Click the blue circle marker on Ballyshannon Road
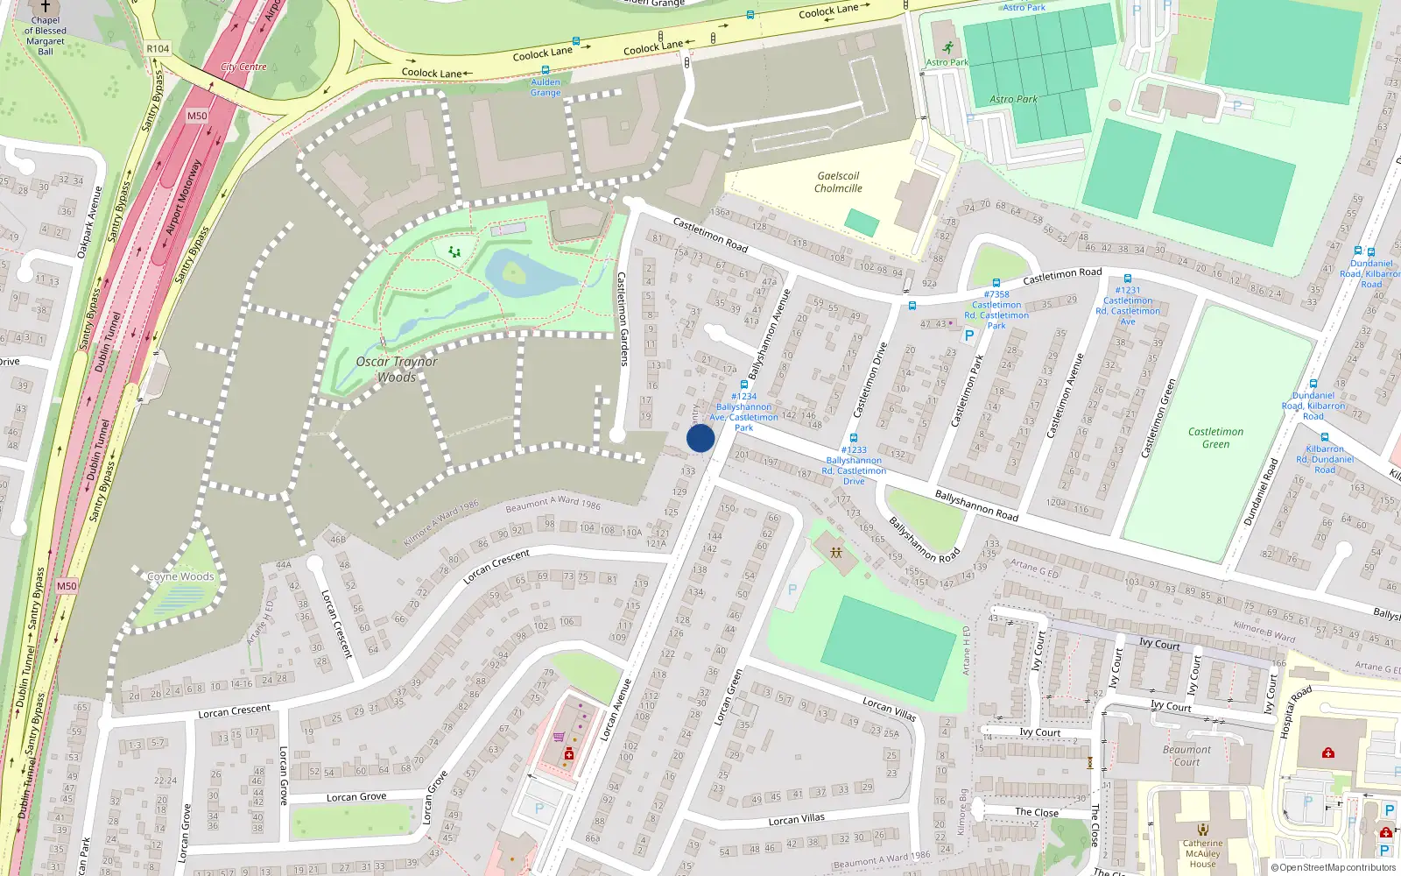click(700, 438)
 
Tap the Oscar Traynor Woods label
click(397, 369)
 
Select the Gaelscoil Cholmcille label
click(838, 182)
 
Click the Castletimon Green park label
click(1215, 438)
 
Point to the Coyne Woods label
click(180, 576)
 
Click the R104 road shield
click(158, 49)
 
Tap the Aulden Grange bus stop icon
click(546, 70)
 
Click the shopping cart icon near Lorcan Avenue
click(559, 737)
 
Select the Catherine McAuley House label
click(1202, 853)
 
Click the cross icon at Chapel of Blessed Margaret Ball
click(46, 6)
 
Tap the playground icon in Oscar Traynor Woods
click(454, 251)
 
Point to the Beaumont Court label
click(1186, 755)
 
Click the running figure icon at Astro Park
click(947, 47)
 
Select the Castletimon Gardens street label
click(623, 319)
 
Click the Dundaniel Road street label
click(1261, 491)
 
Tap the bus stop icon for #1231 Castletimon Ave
click(1128, 279)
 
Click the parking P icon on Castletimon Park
click(968, 336)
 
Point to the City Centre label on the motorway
click(243, 67)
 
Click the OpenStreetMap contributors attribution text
click(1334, 867)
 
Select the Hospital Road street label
click(1295, 711)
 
